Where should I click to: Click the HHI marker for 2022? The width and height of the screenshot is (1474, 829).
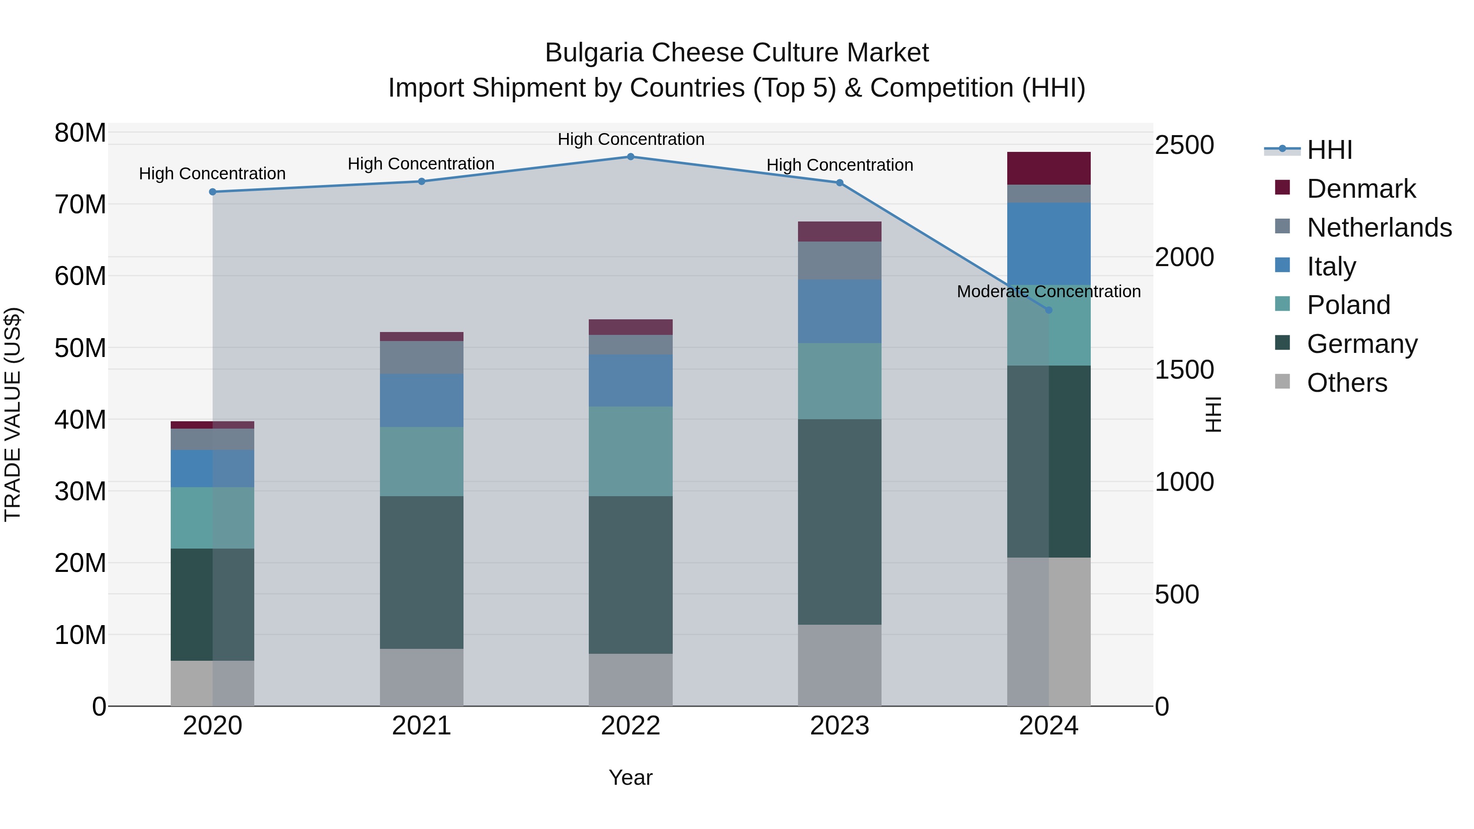tap(631, 156)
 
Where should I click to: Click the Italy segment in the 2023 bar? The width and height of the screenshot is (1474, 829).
tap(839, 311)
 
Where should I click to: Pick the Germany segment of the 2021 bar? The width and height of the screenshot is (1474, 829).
tap(421, 572)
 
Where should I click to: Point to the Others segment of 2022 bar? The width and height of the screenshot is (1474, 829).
tap(631, 680)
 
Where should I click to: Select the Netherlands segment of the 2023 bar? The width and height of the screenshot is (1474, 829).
tap(839, 260)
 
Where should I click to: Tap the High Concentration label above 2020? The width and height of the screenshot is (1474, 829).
tap(212, 173)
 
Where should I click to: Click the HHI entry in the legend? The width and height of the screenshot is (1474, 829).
tap(1329, 150)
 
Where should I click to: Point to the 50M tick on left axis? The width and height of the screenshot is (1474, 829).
tap(80, 348)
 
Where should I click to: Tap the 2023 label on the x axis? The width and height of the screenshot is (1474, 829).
tap(839, 726)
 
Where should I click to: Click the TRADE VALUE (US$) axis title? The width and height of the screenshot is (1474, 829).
tap(13, 414)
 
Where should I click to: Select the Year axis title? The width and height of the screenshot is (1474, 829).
tap(631, 777)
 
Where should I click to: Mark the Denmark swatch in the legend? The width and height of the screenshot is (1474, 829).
tap(1282, 187)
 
